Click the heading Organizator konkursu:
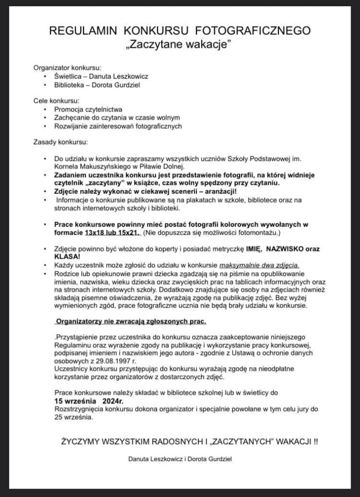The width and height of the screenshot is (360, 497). pos(67,67)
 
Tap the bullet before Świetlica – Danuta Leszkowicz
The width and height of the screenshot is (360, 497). pos(45,77)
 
